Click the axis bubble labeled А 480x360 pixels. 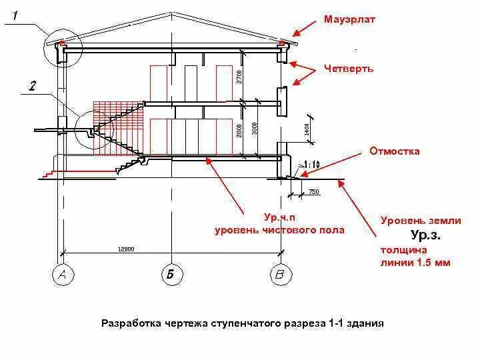pyautogui.click(x=63, y=275)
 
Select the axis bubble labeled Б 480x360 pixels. pyautogui.click(x=171, y=275)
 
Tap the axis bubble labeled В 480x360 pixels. pyautogui.click(x=280, y=275)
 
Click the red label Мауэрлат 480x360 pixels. pyautogui.click(x=349, y=19)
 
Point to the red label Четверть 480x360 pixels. pyautogui.click(x=349, y=68)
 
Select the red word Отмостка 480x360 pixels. pyautogui.click(x=395, y=151)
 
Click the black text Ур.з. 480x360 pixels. pyautogui.click(x=425, y=235)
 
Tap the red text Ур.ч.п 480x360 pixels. pyautogui.click(x=279, y=217)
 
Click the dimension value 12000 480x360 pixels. pyautogui.click(x=126, y=249)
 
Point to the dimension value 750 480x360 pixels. pyautogui.click(x=313, y=193)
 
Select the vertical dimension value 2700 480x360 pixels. pyautogui.click(x=239, y=77)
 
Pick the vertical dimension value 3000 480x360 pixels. pyautogui.click(x=255, y=128)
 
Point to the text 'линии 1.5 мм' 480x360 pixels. pyautogui.click(x=415, y=263)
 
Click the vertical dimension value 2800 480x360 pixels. pyautogui.click(x=239, y=131)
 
